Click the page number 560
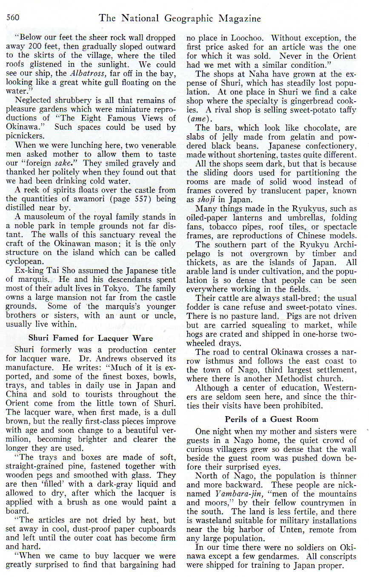pyautogui.click(x=14, y=18)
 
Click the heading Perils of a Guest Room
pyautogui.click(x=271, y=419)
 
